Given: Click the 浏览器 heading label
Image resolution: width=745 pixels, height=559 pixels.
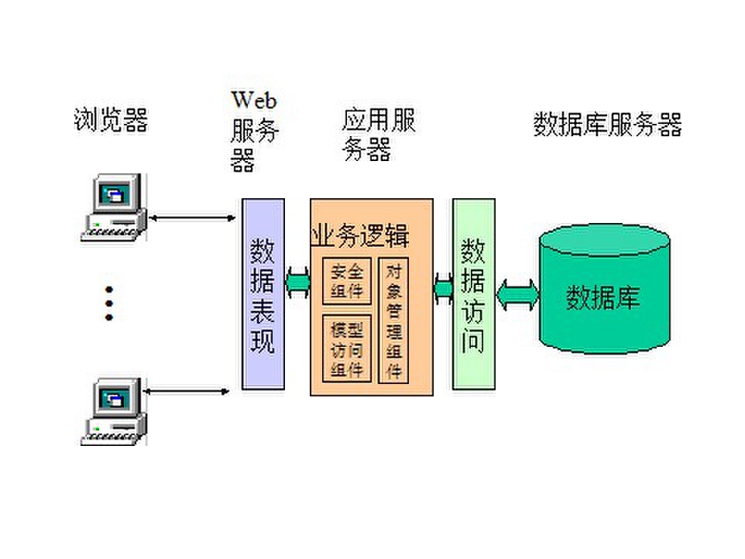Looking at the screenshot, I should point(111,120).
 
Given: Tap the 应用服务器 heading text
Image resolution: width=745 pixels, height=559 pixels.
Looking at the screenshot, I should point(378,133).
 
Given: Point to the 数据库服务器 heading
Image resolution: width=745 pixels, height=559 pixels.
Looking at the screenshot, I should point(607,124).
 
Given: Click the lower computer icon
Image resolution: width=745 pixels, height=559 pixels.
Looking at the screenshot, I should point(115,410).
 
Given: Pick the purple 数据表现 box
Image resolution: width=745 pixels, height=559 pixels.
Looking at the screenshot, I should point(263,294).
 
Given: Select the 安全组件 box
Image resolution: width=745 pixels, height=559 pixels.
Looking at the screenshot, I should point(346,281).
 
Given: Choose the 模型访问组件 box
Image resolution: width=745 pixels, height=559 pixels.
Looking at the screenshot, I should point(346,349).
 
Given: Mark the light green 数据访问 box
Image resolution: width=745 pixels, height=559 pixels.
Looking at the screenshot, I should point(473,294).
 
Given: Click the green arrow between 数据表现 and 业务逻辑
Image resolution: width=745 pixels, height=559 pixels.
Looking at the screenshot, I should point(297,280).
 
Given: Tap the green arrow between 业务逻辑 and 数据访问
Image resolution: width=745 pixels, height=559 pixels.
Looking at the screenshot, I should point(443,288).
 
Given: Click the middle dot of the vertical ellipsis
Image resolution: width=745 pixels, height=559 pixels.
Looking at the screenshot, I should point(109,303).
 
